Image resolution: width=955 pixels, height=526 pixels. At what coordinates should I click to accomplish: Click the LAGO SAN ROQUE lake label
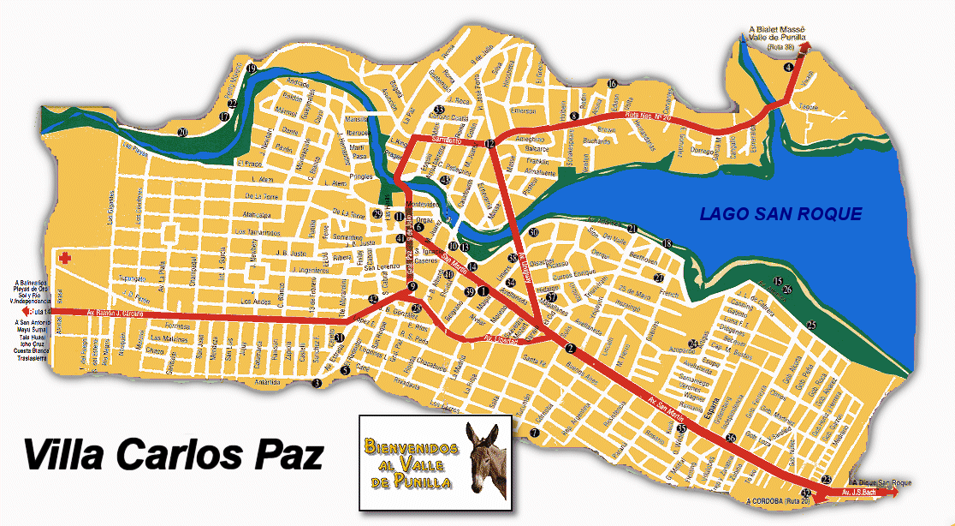pyautogui.click(x=780, y=214)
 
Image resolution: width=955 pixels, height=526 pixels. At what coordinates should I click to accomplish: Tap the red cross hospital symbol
pyautogui.click(x=65, y=258)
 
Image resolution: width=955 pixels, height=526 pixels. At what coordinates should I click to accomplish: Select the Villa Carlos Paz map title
pyautogui.click(x=173, y=454)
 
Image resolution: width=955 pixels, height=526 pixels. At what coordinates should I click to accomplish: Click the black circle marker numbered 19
pyautogui.click(x=252, y=68)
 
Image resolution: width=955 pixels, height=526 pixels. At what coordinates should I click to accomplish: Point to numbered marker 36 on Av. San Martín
pyautogui.click(x=730, y=438)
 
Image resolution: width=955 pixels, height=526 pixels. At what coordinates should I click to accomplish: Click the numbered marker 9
pyautogui.click(x=412, y=287)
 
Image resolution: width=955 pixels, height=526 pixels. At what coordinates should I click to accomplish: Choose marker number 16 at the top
pyautogui.click(x=612, y=83)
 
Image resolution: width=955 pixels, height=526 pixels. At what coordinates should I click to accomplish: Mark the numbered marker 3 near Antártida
pyautogui.click(x=317, y=383)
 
